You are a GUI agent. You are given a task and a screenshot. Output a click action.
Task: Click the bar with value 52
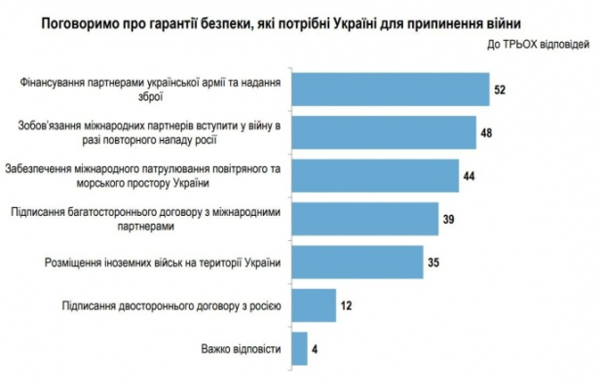(389, 88)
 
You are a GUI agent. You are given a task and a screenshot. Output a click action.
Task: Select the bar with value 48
(383, 131)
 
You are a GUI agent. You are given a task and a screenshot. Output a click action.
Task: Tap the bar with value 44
(374, 174)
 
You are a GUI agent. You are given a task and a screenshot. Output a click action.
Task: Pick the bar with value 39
(363, 218)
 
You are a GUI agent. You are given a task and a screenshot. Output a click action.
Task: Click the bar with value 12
(312, 304)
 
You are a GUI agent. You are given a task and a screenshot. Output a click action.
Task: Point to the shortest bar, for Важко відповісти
(298, 347)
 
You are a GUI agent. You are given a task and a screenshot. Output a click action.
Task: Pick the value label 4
(318, 348)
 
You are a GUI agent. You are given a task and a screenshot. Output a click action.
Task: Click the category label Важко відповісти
(240, 348)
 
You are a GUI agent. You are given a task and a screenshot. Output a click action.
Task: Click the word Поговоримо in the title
(85, 20)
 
